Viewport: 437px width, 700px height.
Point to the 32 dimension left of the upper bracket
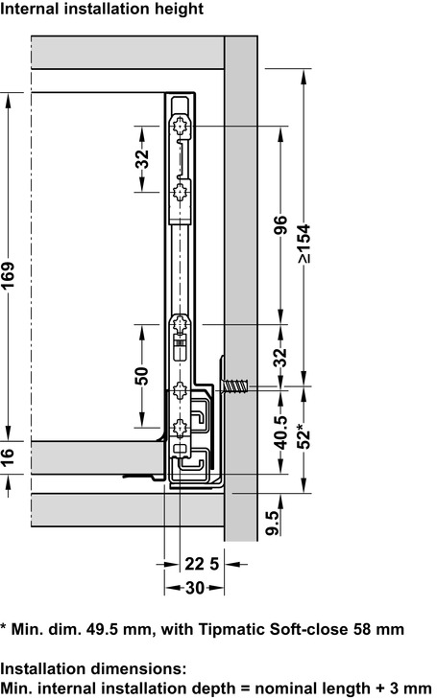[142, 158]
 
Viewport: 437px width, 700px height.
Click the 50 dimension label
[142, 377]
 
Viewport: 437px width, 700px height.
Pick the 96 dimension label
[280, 225]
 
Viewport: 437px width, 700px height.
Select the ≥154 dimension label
[303, 245]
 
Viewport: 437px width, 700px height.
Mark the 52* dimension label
[303, 439]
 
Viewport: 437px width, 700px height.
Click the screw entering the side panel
[235, 387]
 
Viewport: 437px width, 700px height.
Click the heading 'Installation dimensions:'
[93, 667]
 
